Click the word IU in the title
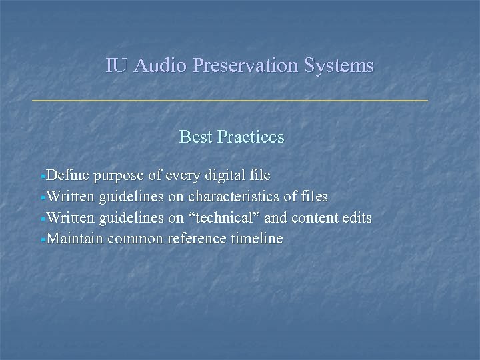click(116, 66)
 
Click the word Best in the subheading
click(196, 137)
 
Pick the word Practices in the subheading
click(251, 137)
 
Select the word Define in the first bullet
click(69, 176)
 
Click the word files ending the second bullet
click(313, 197)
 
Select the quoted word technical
click(225, 218)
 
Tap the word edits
click(355, 218)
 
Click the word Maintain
click(75, 239)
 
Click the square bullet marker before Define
click(44, 177)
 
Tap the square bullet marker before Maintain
click(44, 239)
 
